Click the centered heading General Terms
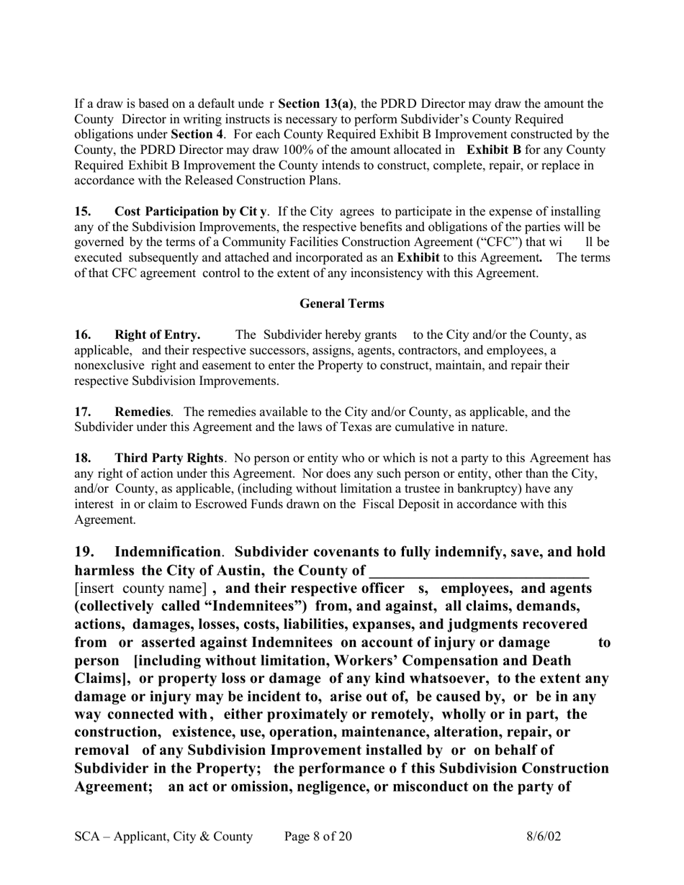click(x=341, y=304)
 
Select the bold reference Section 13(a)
click(x=315, y=104)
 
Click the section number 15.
click(x=83, y=212)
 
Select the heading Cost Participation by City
click(x=191, y=212)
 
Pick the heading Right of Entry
click(x=157, y=335)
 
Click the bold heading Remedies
click(x=143, y=412)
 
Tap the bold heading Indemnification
click(x=167, y=552)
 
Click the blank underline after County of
click(x=478, y=572)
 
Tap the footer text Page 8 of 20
click(x=318, y=836)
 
